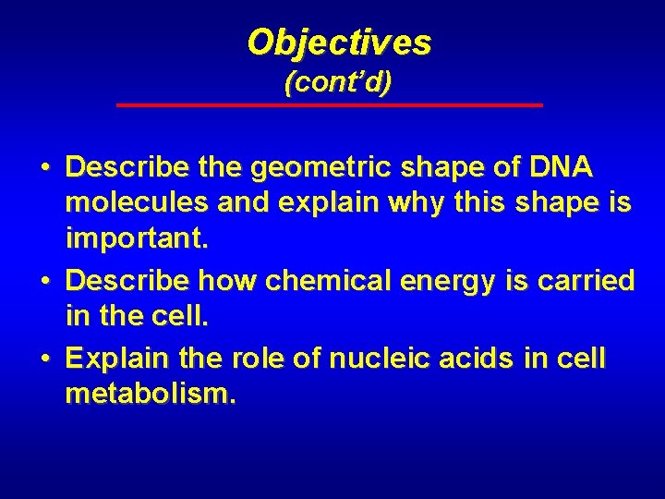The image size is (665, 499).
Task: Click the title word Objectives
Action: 339,42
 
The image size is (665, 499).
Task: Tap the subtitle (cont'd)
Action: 338,82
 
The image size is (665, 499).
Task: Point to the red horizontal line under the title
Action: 330,105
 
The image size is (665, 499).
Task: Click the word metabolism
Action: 151,395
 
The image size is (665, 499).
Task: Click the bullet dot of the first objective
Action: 44,170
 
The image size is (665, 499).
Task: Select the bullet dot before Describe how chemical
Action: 44,281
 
